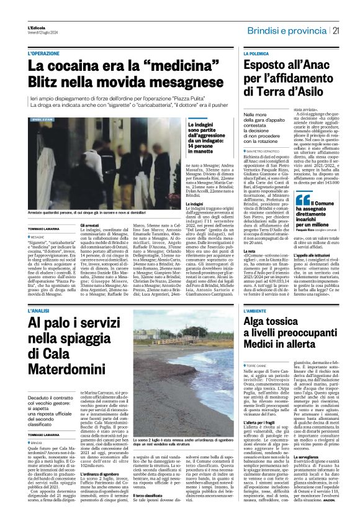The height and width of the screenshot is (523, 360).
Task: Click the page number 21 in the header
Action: (x=335, y=30)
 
